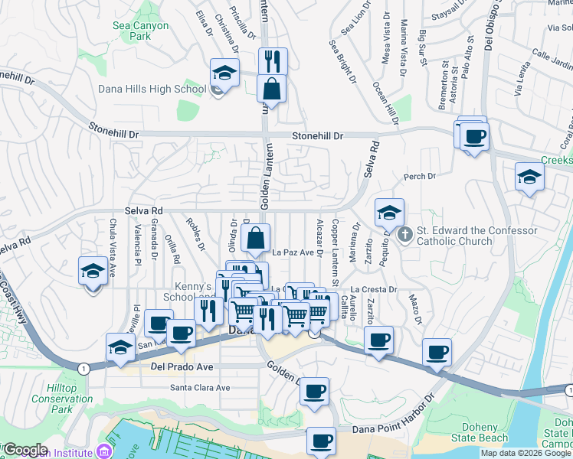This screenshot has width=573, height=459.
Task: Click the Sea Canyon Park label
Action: (x=140, y=31)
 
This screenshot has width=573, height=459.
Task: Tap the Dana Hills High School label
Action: (x=152, y=89)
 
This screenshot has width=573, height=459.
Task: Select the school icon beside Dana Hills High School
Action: (x=224, y=73)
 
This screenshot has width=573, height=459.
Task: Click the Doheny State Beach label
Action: (x=485, y=432)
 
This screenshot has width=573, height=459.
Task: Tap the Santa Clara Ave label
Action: (x=200, y=388)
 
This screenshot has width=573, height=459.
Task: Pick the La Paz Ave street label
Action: (x=293, y=252)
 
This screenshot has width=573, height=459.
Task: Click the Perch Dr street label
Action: (x=420, y=177)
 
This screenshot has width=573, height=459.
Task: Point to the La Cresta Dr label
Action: (x=375, y=290)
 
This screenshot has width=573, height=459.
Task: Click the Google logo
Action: (x=25, y=451)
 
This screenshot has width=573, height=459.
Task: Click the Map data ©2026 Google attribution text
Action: (x=526, y=453)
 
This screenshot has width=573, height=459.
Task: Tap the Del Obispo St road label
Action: (x=488, y=27)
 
